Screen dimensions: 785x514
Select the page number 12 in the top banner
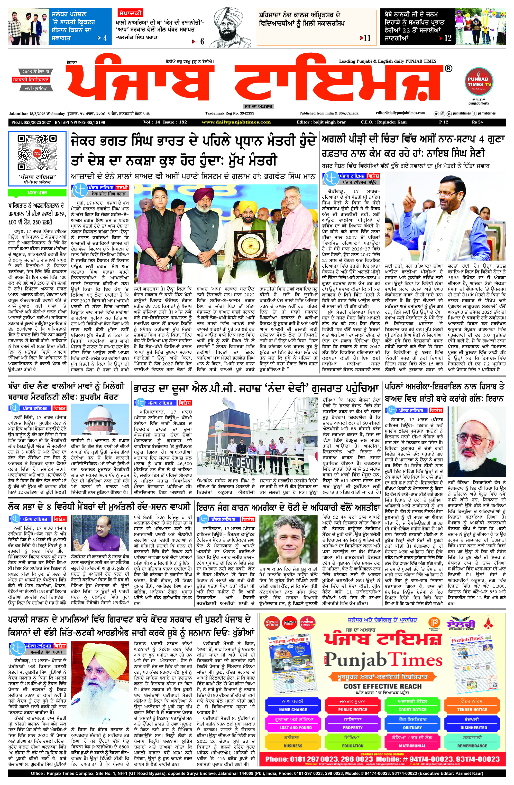[448, 38]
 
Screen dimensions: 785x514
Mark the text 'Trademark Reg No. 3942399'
[230, 113]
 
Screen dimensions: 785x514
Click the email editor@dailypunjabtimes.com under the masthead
[400, 113]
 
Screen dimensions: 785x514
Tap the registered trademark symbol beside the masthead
[448, 69]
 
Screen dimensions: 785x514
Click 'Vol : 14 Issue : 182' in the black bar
[165, 122]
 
